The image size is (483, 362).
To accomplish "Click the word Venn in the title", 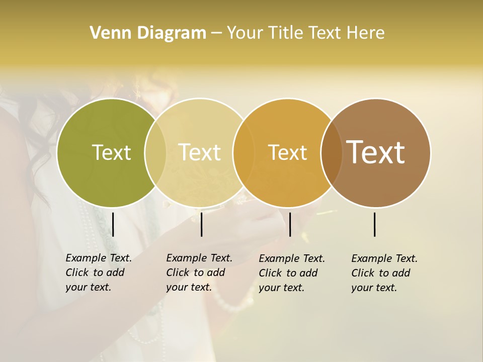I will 107,33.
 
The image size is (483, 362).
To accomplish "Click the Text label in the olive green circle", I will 111,152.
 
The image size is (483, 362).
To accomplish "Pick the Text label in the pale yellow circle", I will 200,152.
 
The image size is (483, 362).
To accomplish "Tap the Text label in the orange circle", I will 287,152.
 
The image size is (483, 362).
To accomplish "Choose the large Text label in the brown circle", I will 376,152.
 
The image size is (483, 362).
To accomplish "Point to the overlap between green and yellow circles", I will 155,153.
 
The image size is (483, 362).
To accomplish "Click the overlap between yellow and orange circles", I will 243,153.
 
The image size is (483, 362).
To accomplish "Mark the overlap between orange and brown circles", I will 331,153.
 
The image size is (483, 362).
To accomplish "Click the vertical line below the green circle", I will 113,224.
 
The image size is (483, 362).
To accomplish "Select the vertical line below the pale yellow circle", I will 201,224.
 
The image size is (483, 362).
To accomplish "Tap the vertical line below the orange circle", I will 290,224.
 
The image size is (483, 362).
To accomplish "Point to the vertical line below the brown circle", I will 374,224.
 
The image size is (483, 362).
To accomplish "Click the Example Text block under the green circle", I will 98,273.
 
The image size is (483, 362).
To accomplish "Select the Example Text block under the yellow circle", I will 199,273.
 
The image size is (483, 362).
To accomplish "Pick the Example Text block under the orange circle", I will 291,273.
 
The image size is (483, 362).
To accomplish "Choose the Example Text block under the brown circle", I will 384,273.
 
